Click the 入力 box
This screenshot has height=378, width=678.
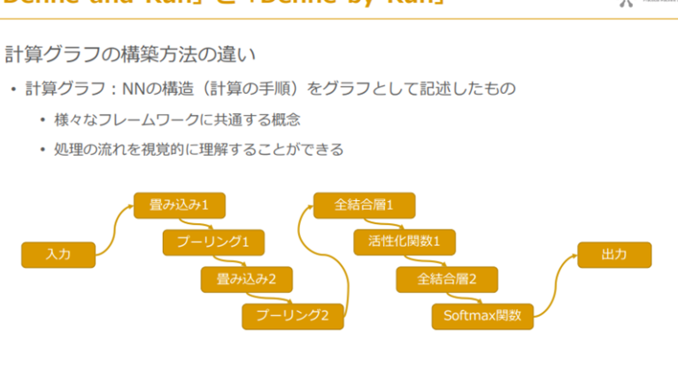[58, 255]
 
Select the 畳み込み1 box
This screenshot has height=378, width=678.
[179, 205]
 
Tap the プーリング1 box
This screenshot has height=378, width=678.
[214, 242]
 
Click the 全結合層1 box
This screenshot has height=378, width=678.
[363, 205]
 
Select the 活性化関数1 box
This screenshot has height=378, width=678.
[404, 242]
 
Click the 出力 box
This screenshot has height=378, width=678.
[614, 255]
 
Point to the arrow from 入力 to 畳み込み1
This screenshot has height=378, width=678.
[113, 230]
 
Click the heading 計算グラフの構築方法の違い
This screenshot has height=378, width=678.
[130, 55]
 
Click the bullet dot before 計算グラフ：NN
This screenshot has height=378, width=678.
[13, 90]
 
